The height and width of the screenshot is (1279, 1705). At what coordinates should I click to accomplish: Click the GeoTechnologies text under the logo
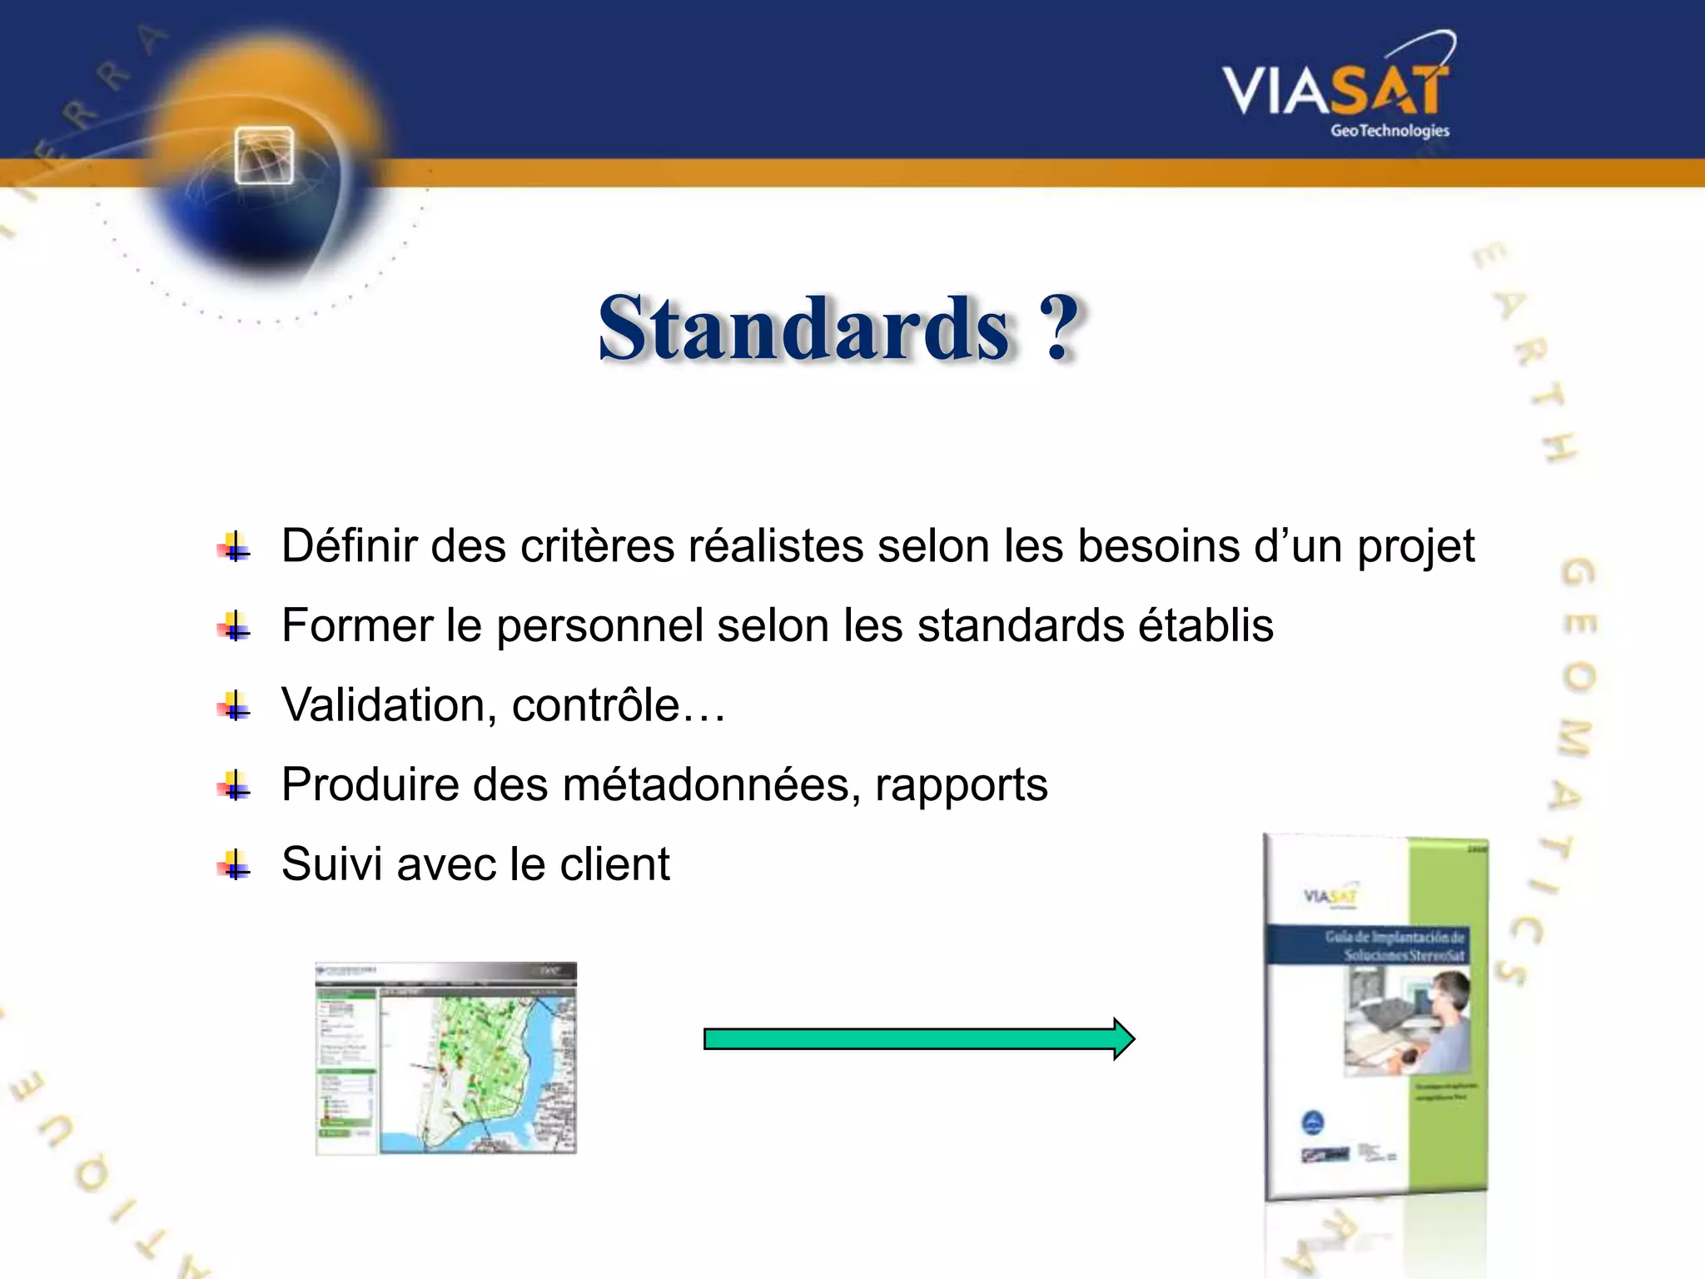[1389, 131]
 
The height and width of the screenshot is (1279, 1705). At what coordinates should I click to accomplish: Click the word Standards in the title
[804, 330]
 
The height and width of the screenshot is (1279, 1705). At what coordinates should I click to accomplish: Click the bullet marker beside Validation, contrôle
[235, 706]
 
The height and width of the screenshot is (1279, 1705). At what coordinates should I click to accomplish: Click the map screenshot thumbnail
[445, 1058]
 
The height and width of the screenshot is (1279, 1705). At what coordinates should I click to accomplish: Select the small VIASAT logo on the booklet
[1330, 897]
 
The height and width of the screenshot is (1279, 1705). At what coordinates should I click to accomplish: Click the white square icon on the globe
[264, 156]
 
